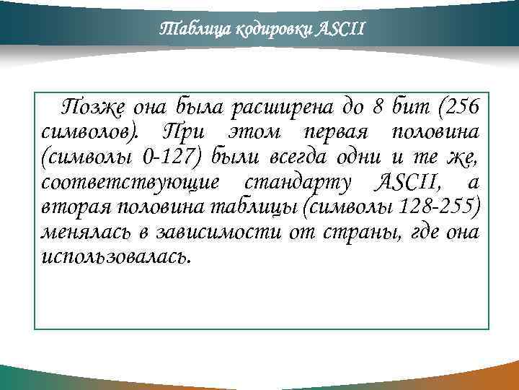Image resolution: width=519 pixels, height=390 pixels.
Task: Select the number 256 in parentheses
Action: tap(458, 109)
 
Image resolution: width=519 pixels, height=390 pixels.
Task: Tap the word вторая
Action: tap(75, 207)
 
